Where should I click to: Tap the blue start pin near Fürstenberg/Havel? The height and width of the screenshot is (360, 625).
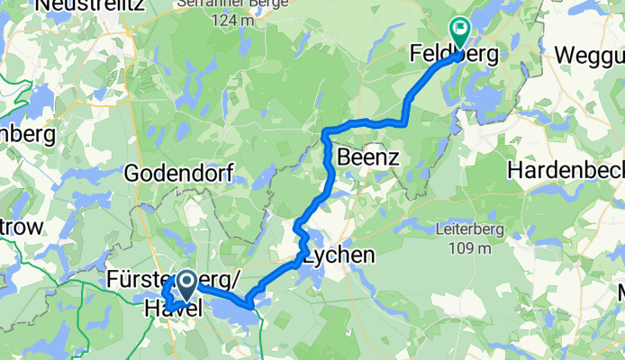pyautogui.click(x=186, y=284)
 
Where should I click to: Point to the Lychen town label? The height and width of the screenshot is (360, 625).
pyautogui.click(x=339, y=256)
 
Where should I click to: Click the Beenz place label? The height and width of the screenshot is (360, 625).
pyautogui.click(x=367, y=158)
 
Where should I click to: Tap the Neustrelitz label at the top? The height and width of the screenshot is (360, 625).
pyautogui.click(x=62, y=6)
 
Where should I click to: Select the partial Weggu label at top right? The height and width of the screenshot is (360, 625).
pyautogui.click(x=589, y=55)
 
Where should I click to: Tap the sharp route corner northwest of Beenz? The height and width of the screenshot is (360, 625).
pyautogui.click(x=324, y=134)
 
